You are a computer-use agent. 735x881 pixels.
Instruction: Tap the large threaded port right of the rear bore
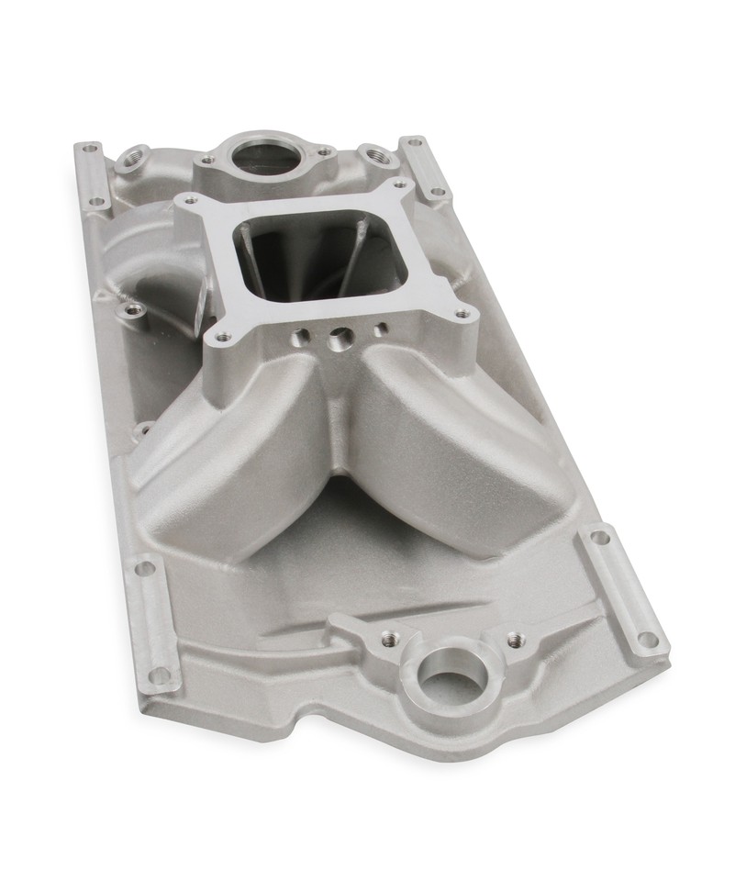coord(373,156)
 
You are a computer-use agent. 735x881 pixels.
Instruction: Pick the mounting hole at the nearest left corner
coord(161,675)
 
